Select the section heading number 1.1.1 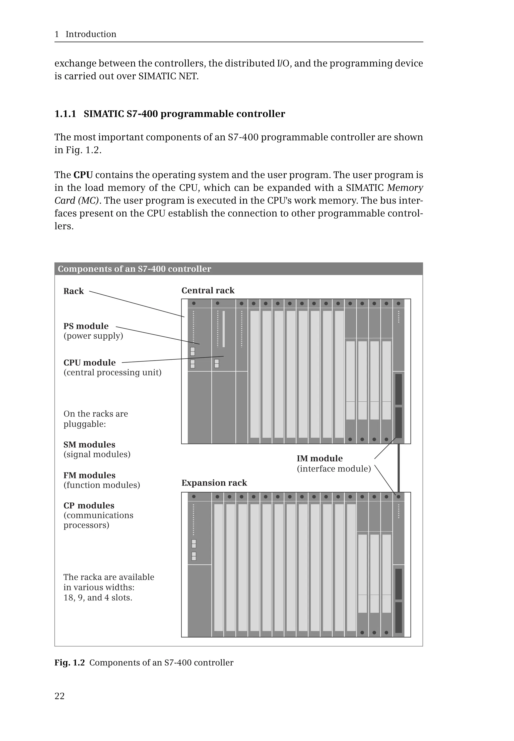pyautogui.click(x=65, y=114)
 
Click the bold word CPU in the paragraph pyautogui.click(x=83, y=175)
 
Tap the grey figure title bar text pyautogui.click(x=134, y=269)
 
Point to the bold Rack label pyautogui.click(x=74, y=291)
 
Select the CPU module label pyautogui.click(x=90, y=363)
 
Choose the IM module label pyautogui.click(x=319, y=458)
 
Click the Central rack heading pyautogui.click(x=208, y=290)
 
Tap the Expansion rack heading pyautogui.click(x=214, y=483)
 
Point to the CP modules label pyautogui.click(x=89, y=505)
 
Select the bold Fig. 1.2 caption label pyautogui.click(x=69, y=662)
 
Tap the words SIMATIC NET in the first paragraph pyautogui.click(x=168, y=76)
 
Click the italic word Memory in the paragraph pyautogui.click(x=405, y=188)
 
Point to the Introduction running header pyautogui.click(x=91, y=34)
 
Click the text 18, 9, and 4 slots pyautogui.click(x=98, y=598)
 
